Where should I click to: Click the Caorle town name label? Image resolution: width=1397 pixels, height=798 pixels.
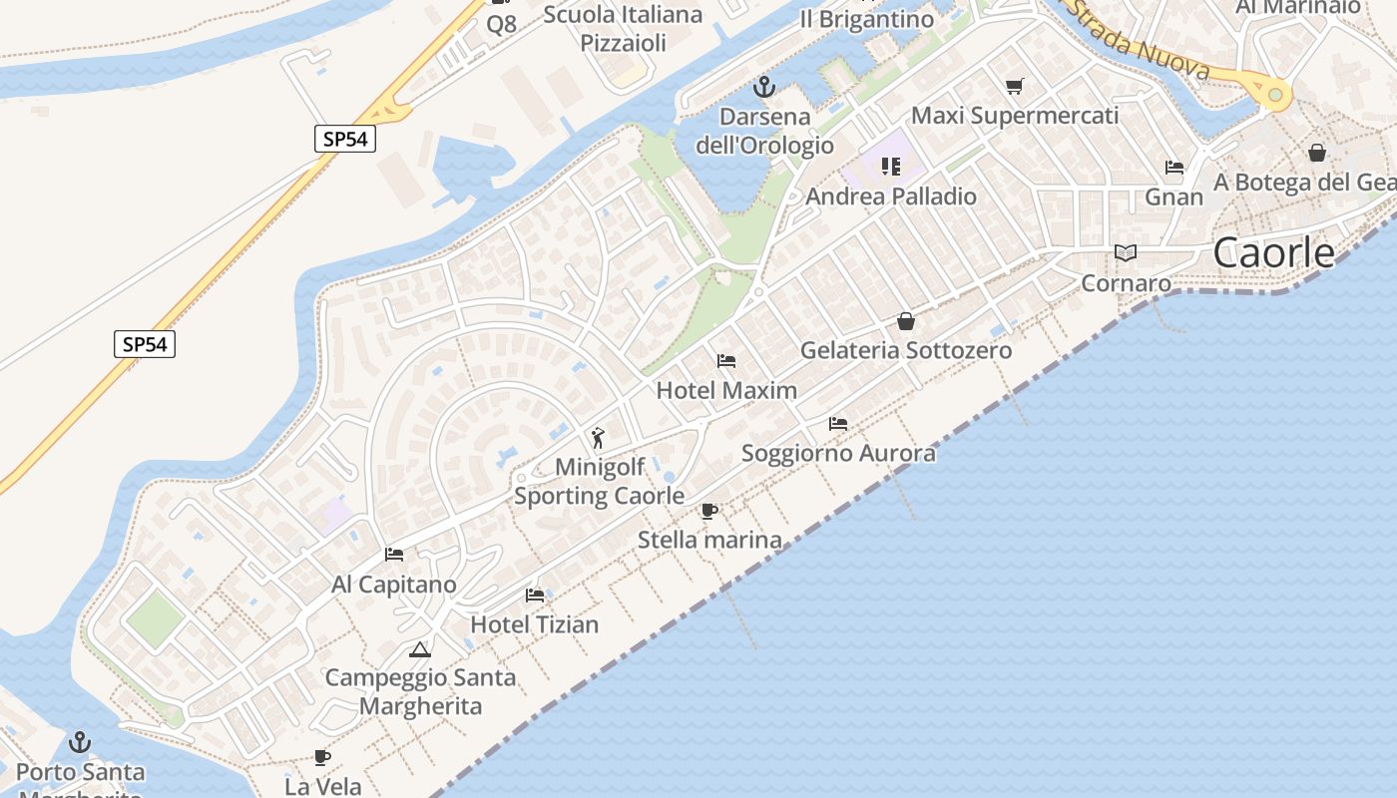(1273, 253)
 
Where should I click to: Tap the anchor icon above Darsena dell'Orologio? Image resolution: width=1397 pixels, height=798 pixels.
(763, 87)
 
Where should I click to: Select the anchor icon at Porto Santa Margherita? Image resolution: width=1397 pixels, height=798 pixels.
(79, 742)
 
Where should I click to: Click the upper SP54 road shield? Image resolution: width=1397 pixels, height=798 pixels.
(345, 139)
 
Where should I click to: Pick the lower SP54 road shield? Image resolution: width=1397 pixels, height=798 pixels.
(145, 345)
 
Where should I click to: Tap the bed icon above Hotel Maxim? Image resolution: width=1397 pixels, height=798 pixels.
(726, 360)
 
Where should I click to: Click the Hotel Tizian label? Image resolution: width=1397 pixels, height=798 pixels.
(535, 624)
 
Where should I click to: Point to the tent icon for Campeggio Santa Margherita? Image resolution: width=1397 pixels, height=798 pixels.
(420, 650)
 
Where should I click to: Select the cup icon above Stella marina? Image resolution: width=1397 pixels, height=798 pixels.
(708, 511)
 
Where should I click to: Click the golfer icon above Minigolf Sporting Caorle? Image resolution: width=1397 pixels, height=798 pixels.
(598, 437)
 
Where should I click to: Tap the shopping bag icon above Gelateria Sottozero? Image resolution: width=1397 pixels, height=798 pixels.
(906, 321)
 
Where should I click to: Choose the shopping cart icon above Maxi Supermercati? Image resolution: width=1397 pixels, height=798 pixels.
(1015, 86)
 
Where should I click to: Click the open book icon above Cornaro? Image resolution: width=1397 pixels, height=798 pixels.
(1126, 253)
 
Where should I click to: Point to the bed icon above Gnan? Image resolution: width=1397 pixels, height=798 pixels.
(1174, 168)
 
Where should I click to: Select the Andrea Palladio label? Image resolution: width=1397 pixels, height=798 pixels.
(891, 197)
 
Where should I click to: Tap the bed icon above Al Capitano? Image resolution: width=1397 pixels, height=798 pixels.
(394, 555)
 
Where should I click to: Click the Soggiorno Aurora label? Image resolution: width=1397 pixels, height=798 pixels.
(838, 454)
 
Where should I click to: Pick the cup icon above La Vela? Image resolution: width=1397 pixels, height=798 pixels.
(322, 757)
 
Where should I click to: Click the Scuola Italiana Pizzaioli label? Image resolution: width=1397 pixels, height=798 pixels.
(624, 28)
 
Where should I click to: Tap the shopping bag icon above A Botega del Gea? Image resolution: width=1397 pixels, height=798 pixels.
(1317, 153)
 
